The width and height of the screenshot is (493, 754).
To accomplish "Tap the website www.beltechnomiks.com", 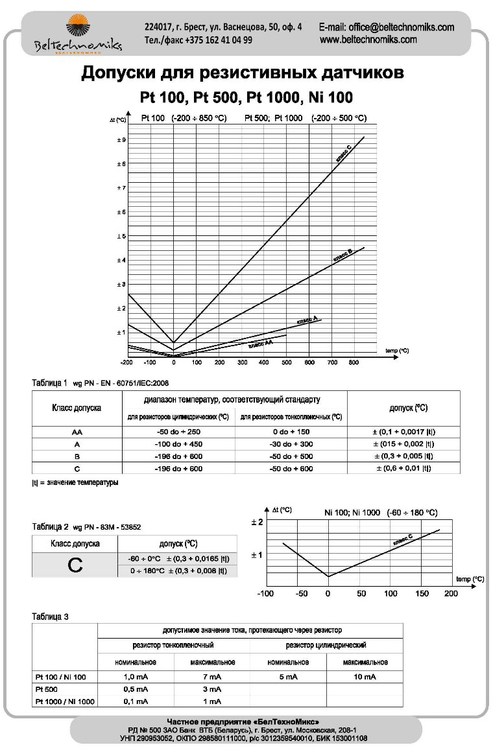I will point(368,40).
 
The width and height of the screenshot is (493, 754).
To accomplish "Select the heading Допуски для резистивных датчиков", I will point(243,73).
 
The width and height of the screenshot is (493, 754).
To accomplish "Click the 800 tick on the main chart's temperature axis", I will point(353,363).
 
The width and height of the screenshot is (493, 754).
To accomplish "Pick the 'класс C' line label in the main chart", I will point(344,153).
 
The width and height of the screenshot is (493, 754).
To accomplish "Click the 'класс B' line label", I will point(343,254).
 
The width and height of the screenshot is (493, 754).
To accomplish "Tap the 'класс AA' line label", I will point(260,344).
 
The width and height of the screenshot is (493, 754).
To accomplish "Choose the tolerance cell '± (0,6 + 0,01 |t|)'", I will point(403,469).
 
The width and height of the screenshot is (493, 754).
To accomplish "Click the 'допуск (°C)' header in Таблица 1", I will point(408,408).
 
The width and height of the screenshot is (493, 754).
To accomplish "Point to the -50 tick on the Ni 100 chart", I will point(301,593).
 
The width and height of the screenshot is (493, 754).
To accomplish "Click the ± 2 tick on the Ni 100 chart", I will point(256,522).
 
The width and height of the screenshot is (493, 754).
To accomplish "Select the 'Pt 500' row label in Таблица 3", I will point(47,689).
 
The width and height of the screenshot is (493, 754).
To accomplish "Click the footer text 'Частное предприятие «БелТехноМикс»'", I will point(243,722).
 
